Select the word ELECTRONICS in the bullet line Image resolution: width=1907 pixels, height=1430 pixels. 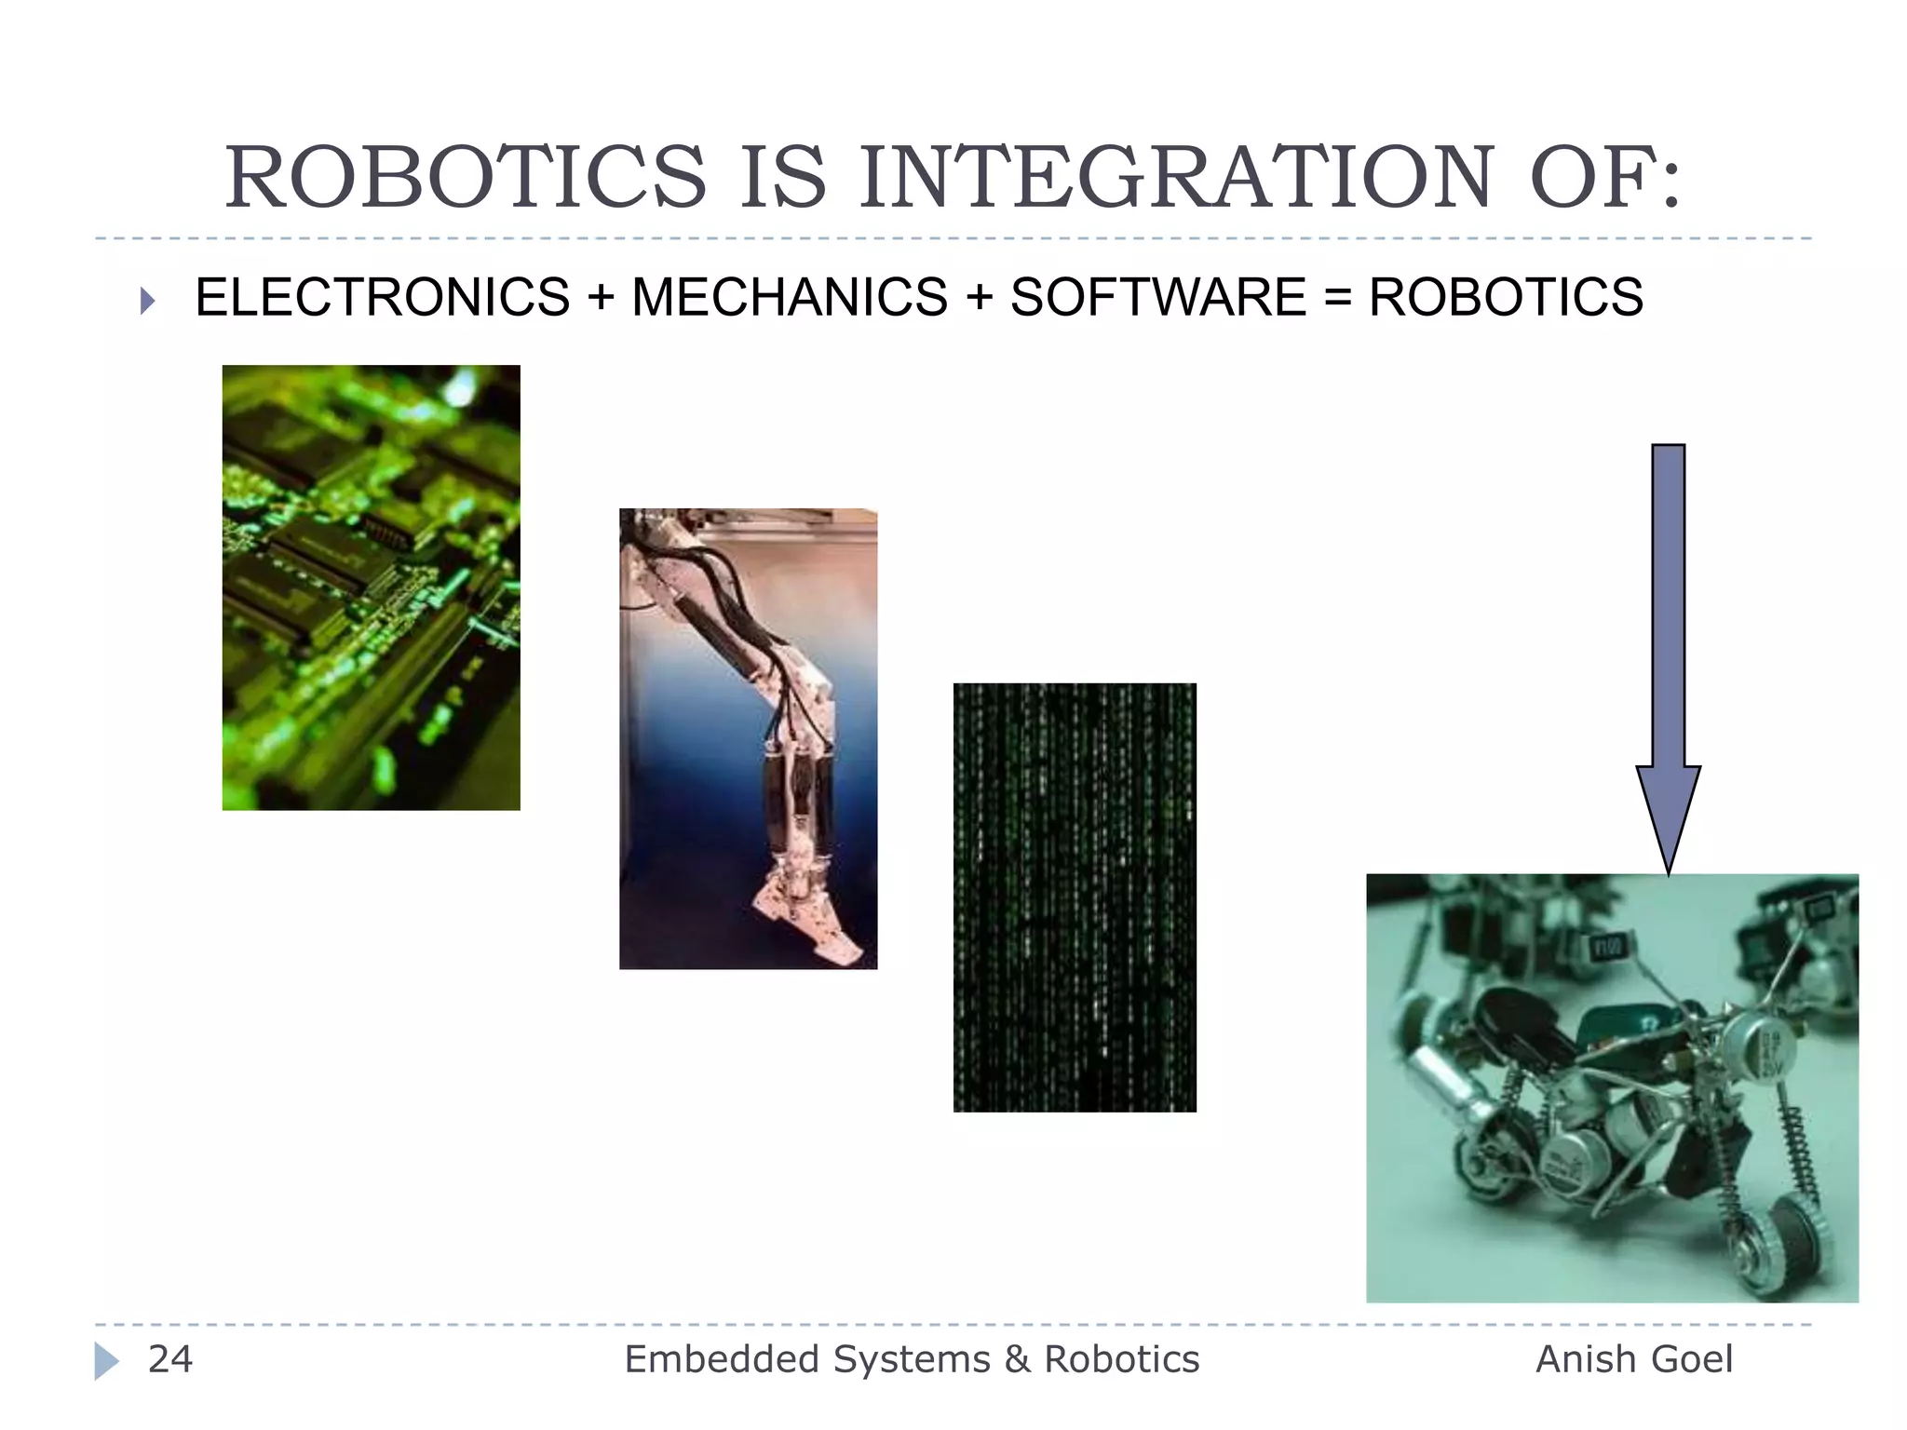[383, 298]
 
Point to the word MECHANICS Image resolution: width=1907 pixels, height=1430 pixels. [790, 298]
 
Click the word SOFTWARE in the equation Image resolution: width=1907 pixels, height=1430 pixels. [1158, 298]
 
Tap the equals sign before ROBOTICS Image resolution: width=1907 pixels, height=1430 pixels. [1337, 298]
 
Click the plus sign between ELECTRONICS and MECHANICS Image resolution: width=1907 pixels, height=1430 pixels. [601, 298]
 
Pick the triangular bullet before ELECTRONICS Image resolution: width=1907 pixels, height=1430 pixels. [147, 301]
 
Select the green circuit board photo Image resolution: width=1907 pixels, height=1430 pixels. [371, 587]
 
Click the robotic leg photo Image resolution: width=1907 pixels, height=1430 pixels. [748, 737]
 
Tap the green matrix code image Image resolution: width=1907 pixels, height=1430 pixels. [1075, 897]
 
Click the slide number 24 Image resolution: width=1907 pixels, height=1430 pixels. [170, 1359]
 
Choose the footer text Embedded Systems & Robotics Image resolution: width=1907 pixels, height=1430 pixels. [912, 1359]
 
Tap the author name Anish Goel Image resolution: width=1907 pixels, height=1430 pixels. [1634, 1359]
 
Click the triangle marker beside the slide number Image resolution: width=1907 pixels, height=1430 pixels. [106, 1361]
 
